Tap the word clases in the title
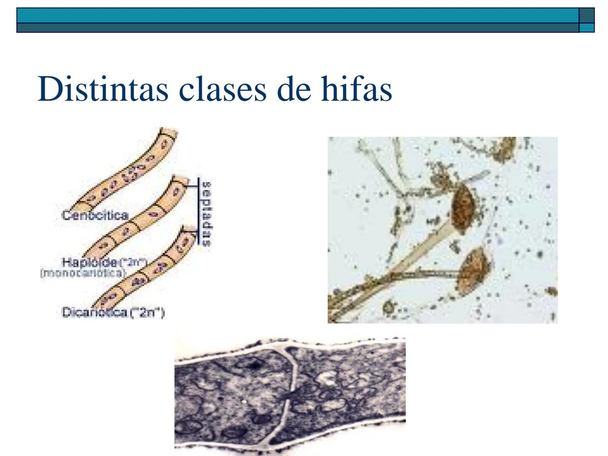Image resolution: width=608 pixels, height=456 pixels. (x=223, y=89)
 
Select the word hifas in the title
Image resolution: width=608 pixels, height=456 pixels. (x=356, y=89)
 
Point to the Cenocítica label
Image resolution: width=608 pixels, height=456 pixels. (x=95, y=215)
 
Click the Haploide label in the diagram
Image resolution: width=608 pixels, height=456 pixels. (x=90, y=262)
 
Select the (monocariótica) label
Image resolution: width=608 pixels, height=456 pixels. (x=83, y=273)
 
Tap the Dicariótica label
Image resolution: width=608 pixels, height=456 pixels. (x=95, y=312)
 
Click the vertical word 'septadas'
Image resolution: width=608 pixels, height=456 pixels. (x=206, y=214)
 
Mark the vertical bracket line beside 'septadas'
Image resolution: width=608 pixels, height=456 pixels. (x=198, y=211)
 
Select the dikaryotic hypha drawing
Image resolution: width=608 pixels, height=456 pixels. (x=144, y=270)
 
